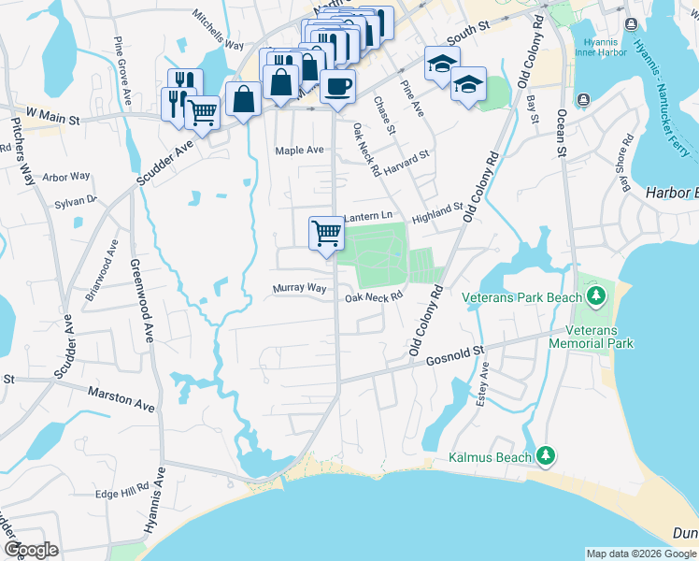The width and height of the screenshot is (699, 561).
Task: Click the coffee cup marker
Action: point(337,87)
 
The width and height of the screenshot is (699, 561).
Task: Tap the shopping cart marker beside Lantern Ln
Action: point(326,232)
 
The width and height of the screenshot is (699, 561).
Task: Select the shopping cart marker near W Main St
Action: point(202,112)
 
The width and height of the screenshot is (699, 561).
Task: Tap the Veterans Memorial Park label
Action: point(599,337)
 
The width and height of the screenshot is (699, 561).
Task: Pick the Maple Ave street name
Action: point(299,150)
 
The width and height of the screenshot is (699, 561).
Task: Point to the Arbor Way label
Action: point(66,176)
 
